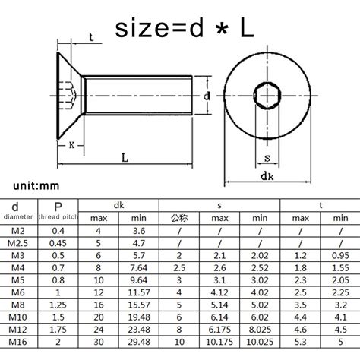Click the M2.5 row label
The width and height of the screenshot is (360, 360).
[x=19, y=242]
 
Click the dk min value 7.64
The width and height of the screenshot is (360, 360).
[x=139, y=267]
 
